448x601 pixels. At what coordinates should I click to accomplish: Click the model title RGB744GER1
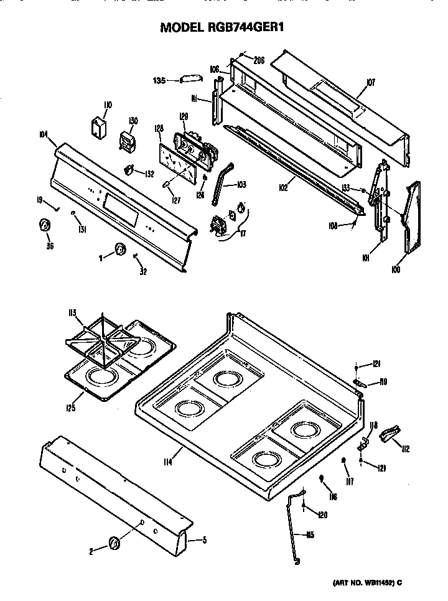[x=223, y=27]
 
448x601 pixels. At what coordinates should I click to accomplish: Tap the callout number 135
[x=160, y=80]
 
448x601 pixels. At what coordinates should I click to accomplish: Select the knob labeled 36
[x=45, y=226]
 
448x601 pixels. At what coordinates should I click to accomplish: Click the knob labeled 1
[x=119, y=251]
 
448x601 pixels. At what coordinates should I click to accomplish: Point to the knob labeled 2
[x=114, y=543]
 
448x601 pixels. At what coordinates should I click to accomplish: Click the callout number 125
[x=72, y=408]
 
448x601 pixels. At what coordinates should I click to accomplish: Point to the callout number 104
[x=44, y=134]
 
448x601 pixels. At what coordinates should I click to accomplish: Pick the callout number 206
[x=259, y=60]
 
